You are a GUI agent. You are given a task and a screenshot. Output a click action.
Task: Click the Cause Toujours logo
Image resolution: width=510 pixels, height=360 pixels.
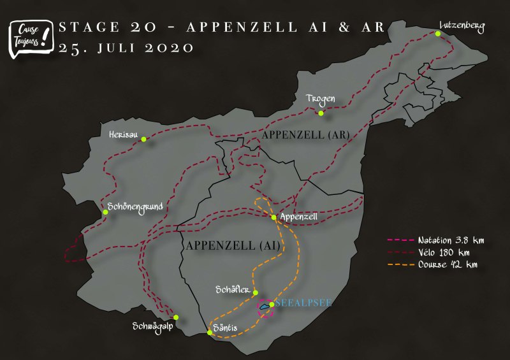tap(30, 37)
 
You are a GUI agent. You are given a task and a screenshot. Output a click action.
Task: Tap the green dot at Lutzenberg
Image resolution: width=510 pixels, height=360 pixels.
tap(438, 34)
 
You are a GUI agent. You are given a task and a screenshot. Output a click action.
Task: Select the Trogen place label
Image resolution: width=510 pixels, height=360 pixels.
tap(321, 99)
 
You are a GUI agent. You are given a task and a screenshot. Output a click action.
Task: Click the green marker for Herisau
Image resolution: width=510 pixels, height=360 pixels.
tap(144, 139)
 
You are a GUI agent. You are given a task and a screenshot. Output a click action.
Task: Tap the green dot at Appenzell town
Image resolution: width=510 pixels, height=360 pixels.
tap(274, 217)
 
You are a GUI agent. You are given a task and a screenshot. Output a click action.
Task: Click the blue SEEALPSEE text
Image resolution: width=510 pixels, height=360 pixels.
tap(303, 303)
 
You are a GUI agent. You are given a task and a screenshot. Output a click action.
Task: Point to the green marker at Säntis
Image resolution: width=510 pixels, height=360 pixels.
tap(210, 333)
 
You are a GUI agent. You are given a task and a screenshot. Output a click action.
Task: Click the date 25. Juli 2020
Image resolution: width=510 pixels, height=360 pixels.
tap(126, 48)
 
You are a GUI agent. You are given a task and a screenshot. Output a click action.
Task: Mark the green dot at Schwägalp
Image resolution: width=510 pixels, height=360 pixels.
tap(176, 317)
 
